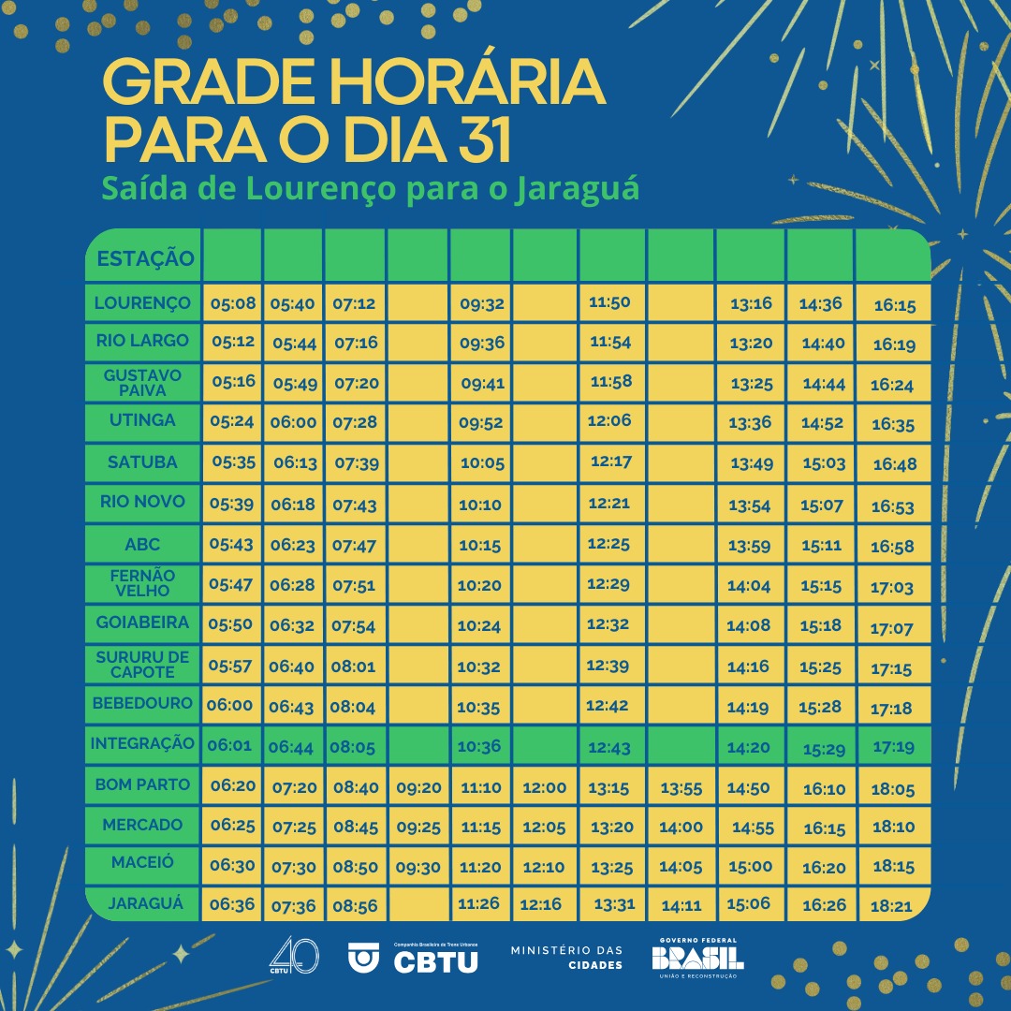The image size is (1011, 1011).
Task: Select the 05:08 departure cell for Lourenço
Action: point(233,303)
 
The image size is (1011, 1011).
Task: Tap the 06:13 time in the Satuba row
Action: point(295,462)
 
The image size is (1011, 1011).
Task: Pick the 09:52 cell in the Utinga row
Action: point(481,422)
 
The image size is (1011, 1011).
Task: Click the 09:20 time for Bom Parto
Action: point(418,787)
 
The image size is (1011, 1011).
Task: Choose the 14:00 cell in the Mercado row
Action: point(681,828)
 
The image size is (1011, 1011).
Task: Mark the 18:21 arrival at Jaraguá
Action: point(892,906)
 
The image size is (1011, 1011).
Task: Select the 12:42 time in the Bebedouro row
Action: point(608,706)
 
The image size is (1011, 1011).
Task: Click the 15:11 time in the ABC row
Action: point(822,544)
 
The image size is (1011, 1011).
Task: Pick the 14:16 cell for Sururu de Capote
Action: point(749,667)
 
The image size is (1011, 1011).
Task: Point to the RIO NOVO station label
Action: point(142,502)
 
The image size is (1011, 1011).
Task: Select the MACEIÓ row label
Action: point(142,861)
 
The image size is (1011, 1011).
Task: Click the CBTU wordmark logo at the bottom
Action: point(435,960)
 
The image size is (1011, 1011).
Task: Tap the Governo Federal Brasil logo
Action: point(697,958)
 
